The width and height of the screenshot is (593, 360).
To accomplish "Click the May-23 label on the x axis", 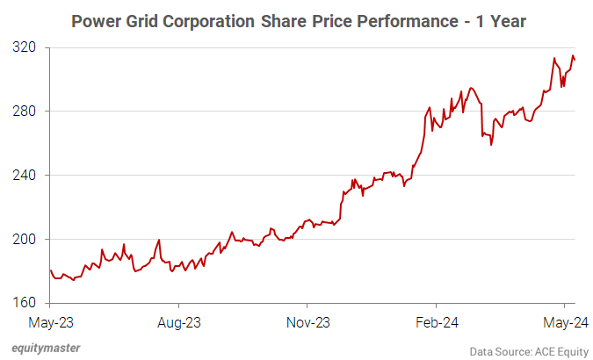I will [51, 321].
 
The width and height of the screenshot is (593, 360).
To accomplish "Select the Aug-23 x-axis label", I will [180, 321].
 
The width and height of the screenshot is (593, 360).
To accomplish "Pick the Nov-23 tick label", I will [309, 321].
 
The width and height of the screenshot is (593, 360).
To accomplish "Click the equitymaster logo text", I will [46, 348].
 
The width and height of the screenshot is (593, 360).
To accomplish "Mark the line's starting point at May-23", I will [51, 270].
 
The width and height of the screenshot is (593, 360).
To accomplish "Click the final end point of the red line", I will [575, 60].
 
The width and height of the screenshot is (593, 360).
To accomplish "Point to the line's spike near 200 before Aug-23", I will [158, 240].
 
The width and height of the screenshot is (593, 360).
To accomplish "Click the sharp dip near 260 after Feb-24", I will [491, 145].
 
